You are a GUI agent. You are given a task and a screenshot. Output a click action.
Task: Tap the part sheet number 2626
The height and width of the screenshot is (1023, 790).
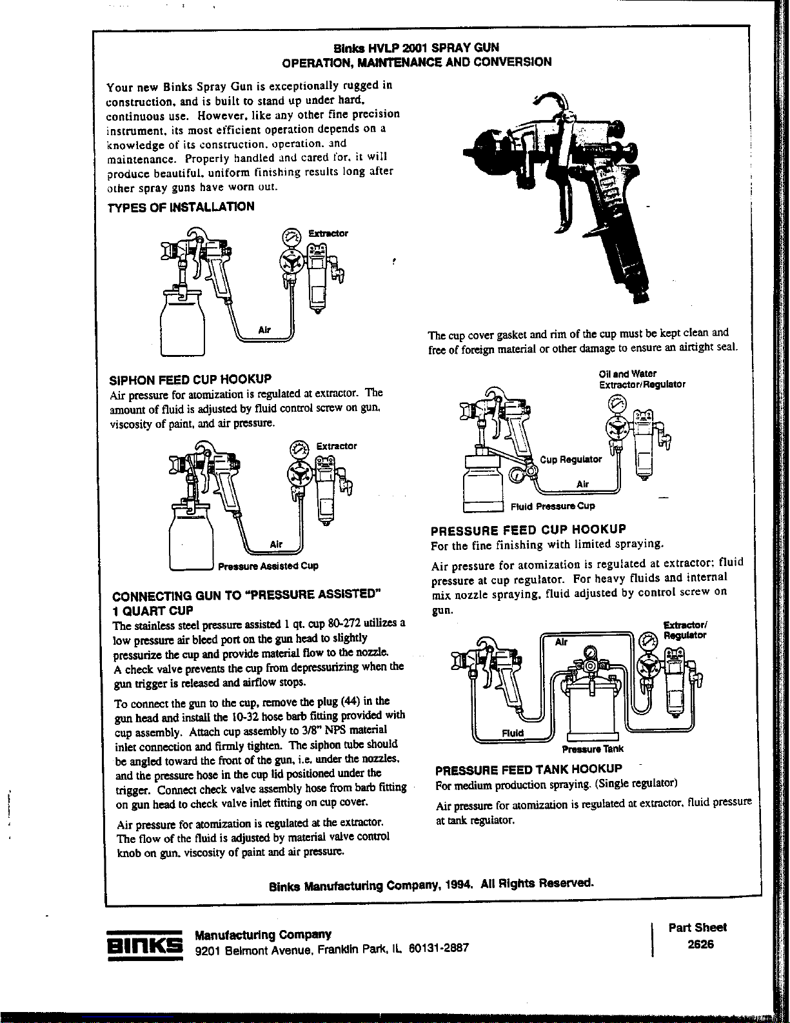click(x=696, y=944)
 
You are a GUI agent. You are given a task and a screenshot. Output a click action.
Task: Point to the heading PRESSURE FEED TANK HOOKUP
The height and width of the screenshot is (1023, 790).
click(x=529, y=769)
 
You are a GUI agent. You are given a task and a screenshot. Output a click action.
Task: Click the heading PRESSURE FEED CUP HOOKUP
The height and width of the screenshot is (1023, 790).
click(x=528, y=530)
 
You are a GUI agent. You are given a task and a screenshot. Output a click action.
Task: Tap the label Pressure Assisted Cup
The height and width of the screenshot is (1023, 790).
click(x=268, y=566)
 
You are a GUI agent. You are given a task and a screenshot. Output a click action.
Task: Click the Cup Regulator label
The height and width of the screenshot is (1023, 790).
click(x=571, y=460)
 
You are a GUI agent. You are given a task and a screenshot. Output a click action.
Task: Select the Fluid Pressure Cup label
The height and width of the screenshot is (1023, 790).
click(x=553, y=506)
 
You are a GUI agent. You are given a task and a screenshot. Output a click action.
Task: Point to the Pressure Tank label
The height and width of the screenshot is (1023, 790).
click(x=593, y=749)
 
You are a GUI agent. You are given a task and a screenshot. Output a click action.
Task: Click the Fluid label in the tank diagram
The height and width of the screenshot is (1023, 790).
click(x=513, y=733)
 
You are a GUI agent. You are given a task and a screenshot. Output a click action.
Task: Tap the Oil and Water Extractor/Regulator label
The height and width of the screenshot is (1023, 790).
click(x=642, y=379)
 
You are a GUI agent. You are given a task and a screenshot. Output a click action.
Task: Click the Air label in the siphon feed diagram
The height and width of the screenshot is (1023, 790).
click(x=264, y=330)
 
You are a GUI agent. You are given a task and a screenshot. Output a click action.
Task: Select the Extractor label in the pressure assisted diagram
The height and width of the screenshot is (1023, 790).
click(x=336, y=446)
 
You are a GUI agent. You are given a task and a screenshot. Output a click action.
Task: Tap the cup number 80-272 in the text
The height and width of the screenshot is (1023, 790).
click(x=342, y=623)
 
